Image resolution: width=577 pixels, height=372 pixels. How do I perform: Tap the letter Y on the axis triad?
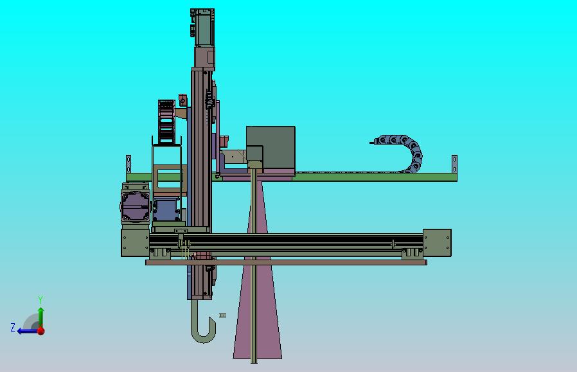40,300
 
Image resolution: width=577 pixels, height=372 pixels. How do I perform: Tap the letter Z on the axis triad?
13,328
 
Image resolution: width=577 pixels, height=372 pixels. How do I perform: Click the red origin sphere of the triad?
41,331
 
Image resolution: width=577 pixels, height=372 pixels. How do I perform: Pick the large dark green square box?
271,148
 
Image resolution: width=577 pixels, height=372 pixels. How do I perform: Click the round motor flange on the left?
135,206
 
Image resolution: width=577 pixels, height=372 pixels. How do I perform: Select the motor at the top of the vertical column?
203,27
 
